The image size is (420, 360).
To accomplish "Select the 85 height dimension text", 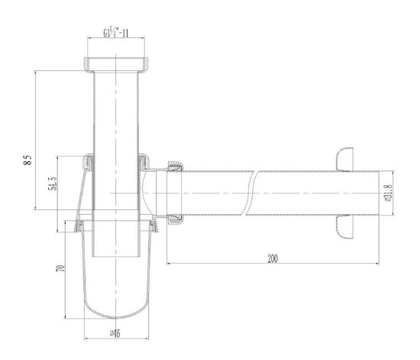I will (27, 161).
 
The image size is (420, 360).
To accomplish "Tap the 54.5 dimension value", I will (53, 188).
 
